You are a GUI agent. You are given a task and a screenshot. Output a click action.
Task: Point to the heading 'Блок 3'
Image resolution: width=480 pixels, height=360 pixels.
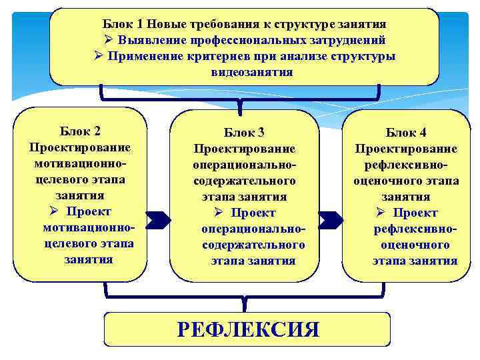pyautogui.click(x=244, y=132)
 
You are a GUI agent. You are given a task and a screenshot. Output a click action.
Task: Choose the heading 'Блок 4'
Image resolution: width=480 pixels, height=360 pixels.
pyautogui.click(x=406, y=132)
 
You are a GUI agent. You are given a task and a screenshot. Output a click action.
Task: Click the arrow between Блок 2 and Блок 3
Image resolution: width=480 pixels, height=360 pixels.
pyautogui.click(x=158, y=219)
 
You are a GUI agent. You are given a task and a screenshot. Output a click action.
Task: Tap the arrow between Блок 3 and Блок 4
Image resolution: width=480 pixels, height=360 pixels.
pyautogui.click(x=331, y=219)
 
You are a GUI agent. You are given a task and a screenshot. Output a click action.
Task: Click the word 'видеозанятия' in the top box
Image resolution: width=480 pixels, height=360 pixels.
pyautogui.click(x=252, y=72)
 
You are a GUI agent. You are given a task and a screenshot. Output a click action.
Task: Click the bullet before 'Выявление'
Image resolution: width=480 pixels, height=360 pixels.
pyautogui.click(x=109, y=40)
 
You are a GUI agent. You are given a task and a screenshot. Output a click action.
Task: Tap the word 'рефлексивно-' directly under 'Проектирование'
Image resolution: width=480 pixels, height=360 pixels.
pyautogui.click(x=406, y=165)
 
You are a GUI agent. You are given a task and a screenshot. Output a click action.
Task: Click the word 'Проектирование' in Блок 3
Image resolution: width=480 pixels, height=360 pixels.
pyautogui.click(x=244, y=148)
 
